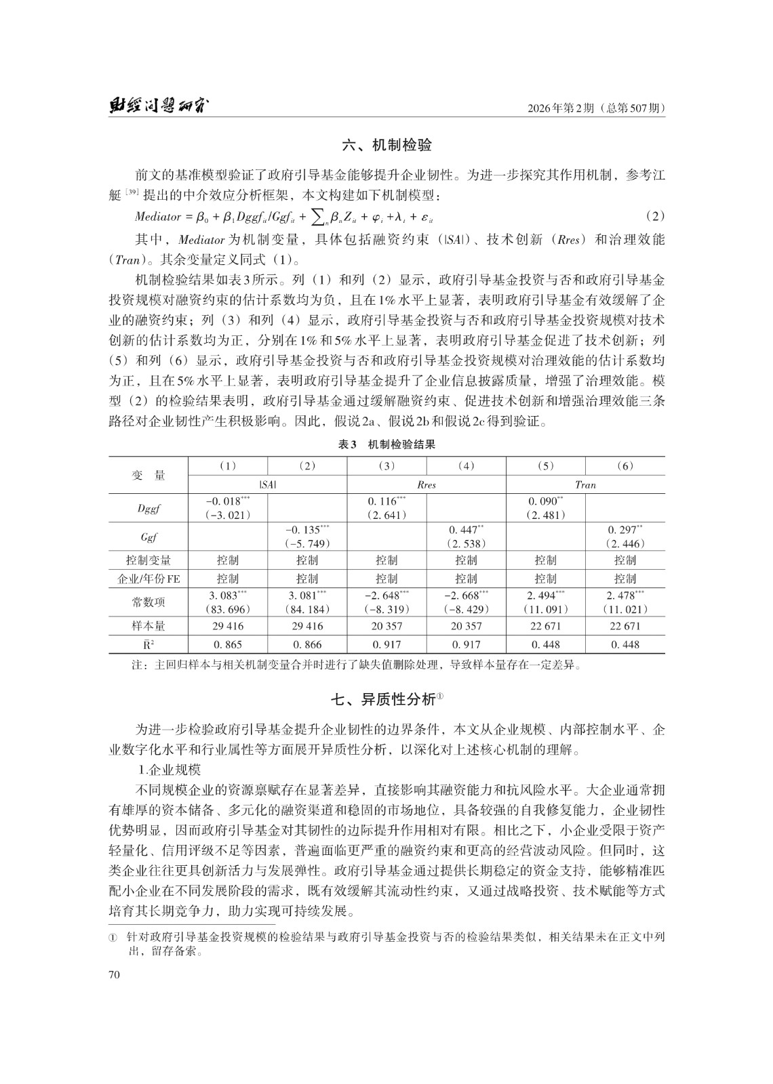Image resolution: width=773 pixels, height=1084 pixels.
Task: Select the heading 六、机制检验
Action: (387, 145)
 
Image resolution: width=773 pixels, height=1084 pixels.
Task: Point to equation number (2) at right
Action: (654, 217)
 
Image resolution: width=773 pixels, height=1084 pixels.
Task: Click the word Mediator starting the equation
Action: (159, 217)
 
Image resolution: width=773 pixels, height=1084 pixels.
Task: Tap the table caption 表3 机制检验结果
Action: (386, 444)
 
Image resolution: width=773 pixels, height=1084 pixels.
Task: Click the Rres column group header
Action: (427, 484)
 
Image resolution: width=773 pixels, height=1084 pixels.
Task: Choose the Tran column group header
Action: (585, 484)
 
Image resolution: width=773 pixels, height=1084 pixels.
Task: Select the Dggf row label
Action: (148, 508)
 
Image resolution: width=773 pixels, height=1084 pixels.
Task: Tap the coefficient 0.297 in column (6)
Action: (624, 529)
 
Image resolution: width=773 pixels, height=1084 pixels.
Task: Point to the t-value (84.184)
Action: (306, 609)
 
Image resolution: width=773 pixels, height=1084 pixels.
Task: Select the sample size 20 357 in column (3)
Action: (386, 627)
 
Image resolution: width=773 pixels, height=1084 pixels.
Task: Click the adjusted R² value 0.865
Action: (227, 645)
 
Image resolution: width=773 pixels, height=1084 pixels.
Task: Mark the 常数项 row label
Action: (148, 602)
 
